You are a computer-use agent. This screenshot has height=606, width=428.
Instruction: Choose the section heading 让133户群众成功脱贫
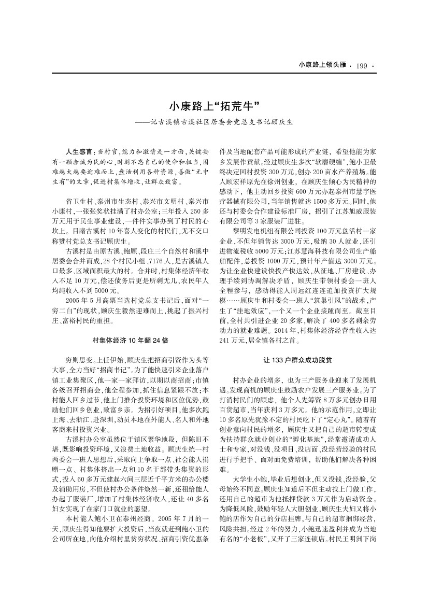point(297,359)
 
